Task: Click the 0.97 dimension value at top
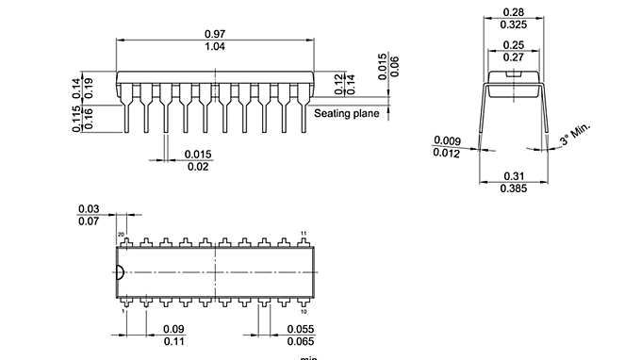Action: pyautogui.click(x=215, y=33)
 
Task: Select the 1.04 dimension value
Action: pyautogui.click(x=215, y=46)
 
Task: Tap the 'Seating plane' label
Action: pyautogui.click(x=346, y=114)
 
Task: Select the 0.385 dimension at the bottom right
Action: pyautogui.click(x=514, y=188)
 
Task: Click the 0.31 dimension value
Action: pyautogui.click(x=514, y=175)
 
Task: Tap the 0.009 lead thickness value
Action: pyautogui.click(x=447, y=141)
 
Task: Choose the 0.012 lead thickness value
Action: pyautogui.click(x=447, y=154)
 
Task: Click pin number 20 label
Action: pyautogui.click(x=121, y=233)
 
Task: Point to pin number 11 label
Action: pyautogui.click(x=304, y=233)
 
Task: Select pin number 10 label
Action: pyautogui.click(x=304, y=310)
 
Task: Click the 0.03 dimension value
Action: pyautogui.click(x=89, y=208)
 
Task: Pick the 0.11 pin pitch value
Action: pyautogui.click(x=173, y=340)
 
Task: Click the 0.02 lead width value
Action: pyautogui.click(x=197, y=167)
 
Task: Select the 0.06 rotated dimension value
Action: pyautogui.click(x=395, y=66)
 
